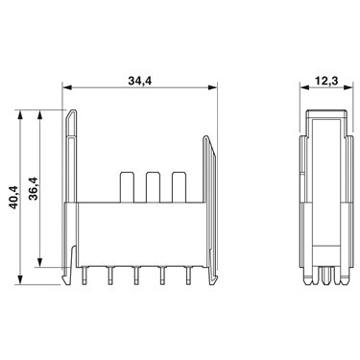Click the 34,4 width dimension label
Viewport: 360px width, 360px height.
click(x=140, y=81)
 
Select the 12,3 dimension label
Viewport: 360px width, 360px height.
click(x=326, y=81)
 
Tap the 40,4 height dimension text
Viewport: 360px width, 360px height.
click(x=13, y=198)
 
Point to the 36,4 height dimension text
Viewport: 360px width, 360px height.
click(x=33, y=188)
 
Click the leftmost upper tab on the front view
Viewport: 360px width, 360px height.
click(x=127, y=187)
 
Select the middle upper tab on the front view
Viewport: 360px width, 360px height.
click(x=153, y=187)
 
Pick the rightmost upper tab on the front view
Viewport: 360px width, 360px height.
click(x=179, y=187)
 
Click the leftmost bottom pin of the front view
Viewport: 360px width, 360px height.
click(x=84, y=276)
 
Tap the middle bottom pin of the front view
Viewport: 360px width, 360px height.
click(x=136, y=276)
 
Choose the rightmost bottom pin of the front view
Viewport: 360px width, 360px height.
click(x=188, y=276)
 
